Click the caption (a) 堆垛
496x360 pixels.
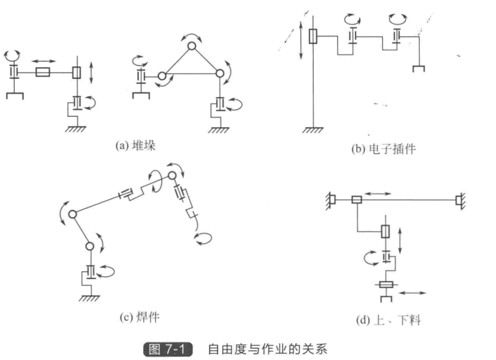point(137,145)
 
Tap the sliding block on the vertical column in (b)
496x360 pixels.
point(314,35)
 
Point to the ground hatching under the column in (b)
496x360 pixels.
point(313,130)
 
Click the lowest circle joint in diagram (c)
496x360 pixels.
point(89,246)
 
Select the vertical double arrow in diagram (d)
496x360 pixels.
point(399,239)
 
